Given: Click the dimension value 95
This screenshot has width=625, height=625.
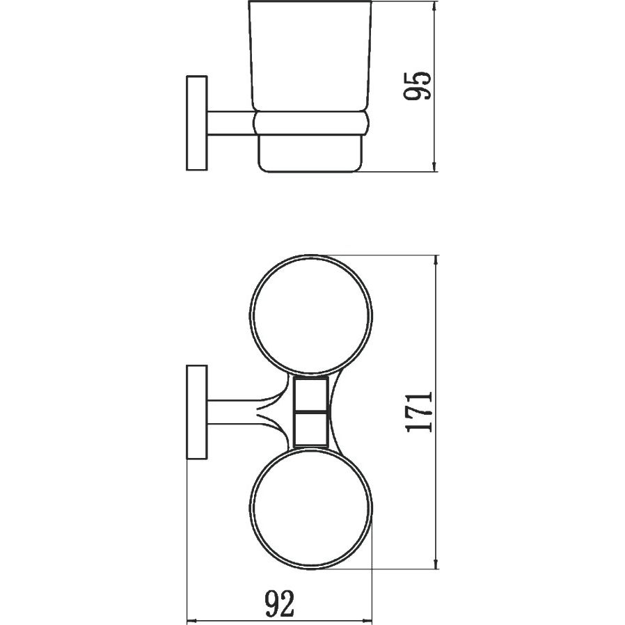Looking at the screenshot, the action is pyautogui.click(x=417, y=86).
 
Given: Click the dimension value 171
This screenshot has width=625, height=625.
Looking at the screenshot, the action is pyautogui.click(x=418, y=412).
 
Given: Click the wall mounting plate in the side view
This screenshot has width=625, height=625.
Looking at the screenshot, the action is pyautogui.click(x=197, y=123).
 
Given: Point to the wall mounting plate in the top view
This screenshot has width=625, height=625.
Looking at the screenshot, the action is pyautogui.click(x=197, y=412).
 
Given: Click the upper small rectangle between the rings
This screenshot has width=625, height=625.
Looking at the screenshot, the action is pyautogui.click(x=310, y=393).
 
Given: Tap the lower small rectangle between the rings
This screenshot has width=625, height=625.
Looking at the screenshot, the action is pyautogui.click(x=310, y=429).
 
